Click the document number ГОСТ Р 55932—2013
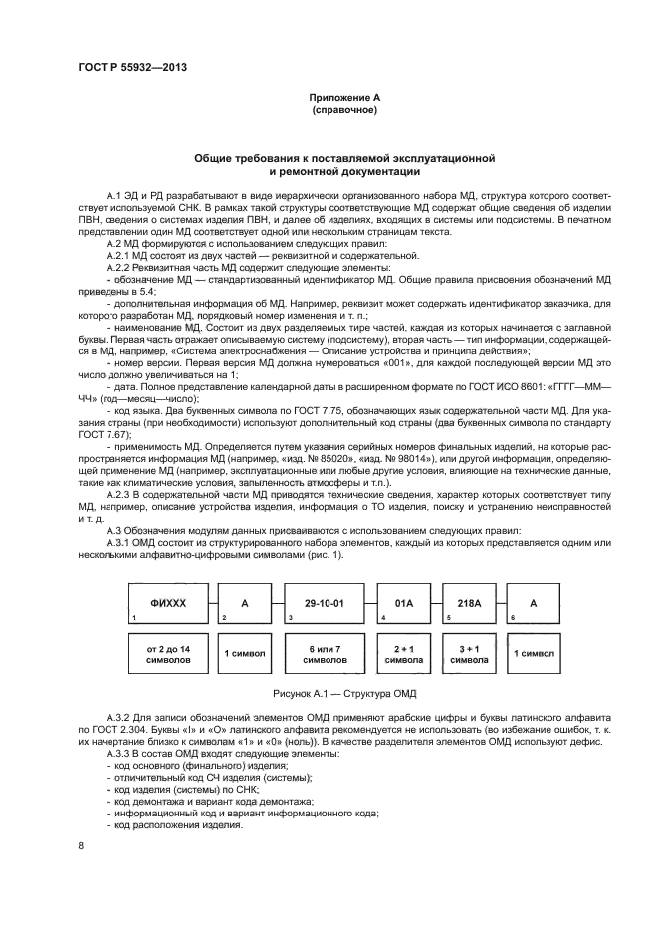tap(132, 67)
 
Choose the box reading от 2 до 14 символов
tap(167, 653)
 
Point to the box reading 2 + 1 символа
tap(403, 653)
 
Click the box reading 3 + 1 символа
tap(468, 653)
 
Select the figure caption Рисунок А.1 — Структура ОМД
tap(329, 690)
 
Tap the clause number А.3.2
tap(120, 716)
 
